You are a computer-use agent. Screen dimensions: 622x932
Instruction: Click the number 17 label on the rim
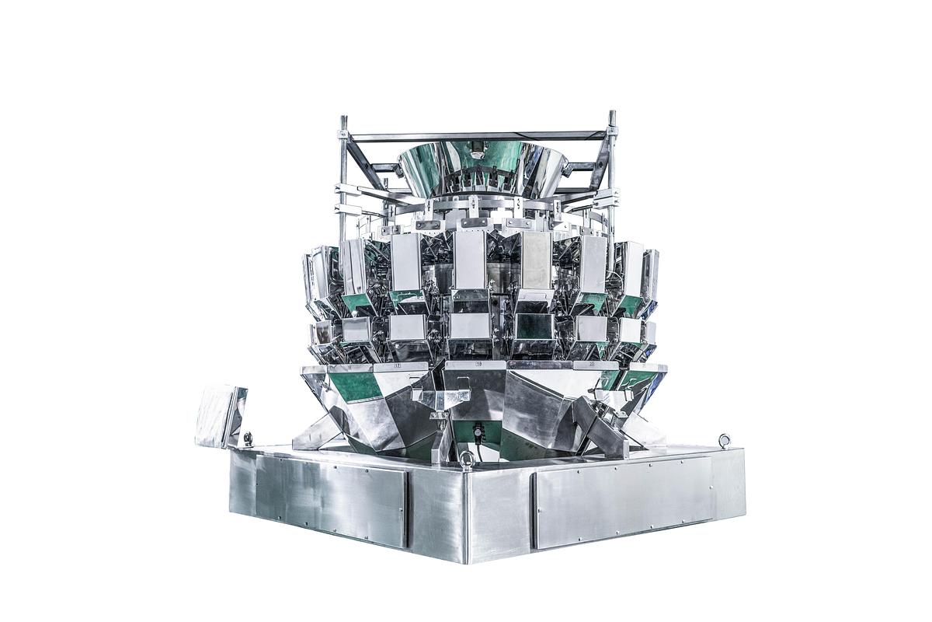[x=398, y=365]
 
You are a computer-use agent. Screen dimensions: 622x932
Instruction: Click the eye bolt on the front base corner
[x=467, y=459]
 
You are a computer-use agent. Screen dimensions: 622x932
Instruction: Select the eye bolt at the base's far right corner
[x=725, y=441]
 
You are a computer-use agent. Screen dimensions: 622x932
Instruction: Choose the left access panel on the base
[x=330, y=498]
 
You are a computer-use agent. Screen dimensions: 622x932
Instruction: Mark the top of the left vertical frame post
[x=343, y=121]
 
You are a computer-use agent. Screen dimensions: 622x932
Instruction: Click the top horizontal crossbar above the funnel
[x=478, y=136]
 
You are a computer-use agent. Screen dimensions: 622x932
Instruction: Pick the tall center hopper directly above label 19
[x=470, y=260]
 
